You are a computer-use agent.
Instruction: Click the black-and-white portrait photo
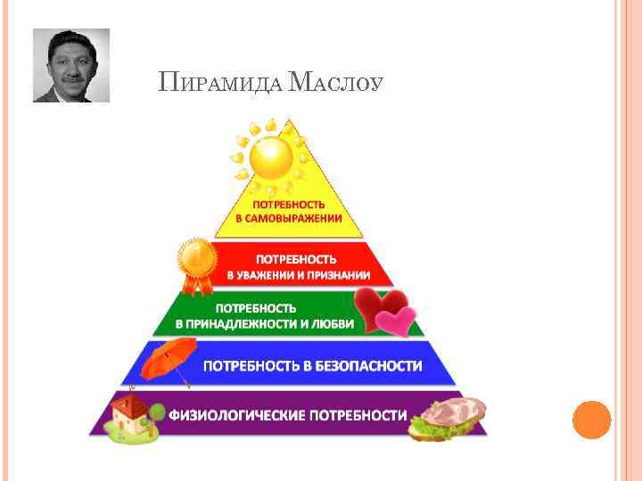pyautogui.click(x=71, y=65)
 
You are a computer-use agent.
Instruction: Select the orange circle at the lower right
pyautogui.click(x=591, y=420)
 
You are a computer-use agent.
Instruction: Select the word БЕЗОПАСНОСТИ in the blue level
pyautogui.click(x=368, y=366)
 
